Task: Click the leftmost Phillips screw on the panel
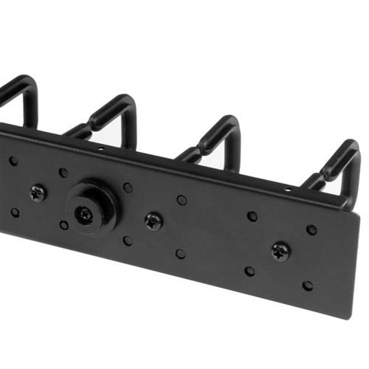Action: pyautogui.click(x=38, y=193)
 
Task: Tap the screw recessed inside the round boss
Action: pyautogui.click(x=86, y=214)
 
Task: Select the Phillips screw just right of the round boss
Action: pyautogui.click(x=154, y=221)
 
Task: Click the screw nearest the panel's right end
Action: pyautogui.click(x=280, y=251)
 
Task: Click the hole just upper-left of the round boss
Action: pyautogui.click(x=63, y=173)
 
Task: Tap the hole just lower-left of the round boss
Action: pyautogui.click(x=64, y=225)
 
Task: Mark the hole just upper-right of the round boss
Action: pyautogui.click(x=128, y=187)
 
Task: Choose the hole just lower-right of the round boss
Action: pyautogui.click(x=128, y=240)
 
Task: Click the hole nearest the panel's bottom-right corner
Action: pyautogui.click(x=308, y=285)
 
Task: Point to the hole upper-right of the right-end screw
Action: pyautogui.click(x=311, y=230)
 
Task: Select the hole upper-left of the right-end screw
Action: pyautogui.click(x=252, y=216)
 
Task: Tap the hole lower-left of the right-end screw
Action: pyautogui.click(x=249, y=271)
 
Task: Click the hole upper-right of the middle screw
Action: pyautogui.click(x=182, y=200)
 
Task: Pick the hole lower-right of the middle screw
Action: pyautogui.click(x=180, y=253)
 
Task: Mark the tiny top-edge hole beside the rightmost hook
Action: pyautogui.click(x=289, y=190)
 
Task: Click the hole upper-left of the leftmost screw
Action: pyautogui.click(x=13, y=160)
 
